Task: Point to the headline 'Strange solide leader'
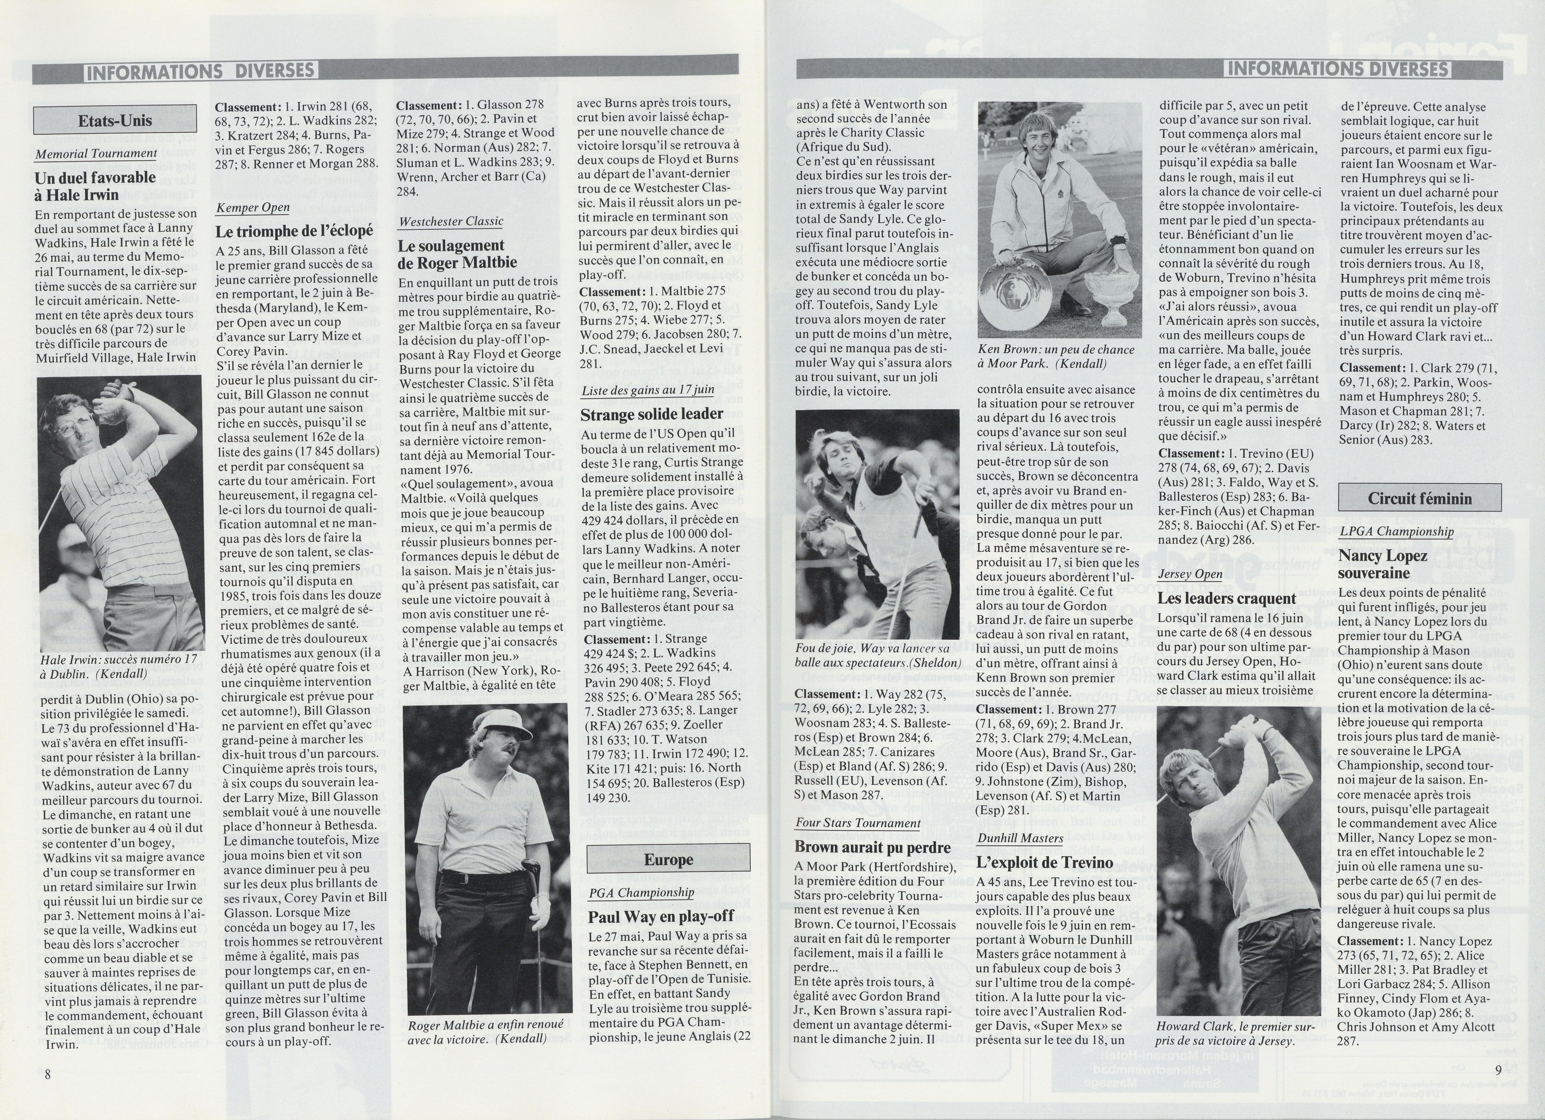tap(651, 414)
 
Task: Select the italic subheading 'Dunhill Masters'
tap(1020, 838)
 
